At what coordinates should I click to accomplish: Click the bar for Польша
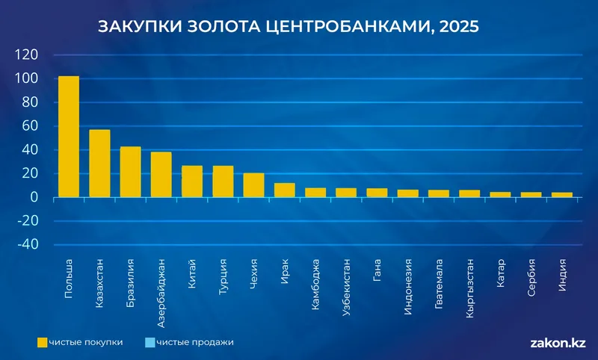click(69, 137)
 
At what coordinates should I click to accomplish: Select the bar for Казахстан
click(99, 164)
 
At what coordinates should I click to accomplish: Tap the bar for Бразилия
click(131, 172)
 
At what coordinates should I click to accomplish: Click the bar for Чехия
click(254, 185)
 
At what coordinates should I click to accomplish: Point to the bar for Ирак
click(285, 190)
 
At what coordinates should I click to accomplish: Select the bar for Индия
click(562, 195)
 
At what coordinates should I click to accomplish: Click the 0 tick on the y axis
click(34, 197)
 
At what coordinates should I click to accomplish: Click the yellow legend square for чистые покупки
click(43, 342)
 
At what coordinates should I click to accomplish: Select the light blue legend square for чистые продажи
click(150, 342)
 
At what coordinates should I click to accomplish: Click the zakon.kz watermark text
click(557, 343)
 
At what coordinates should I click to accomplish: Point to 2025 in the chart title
click(458, 26)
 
